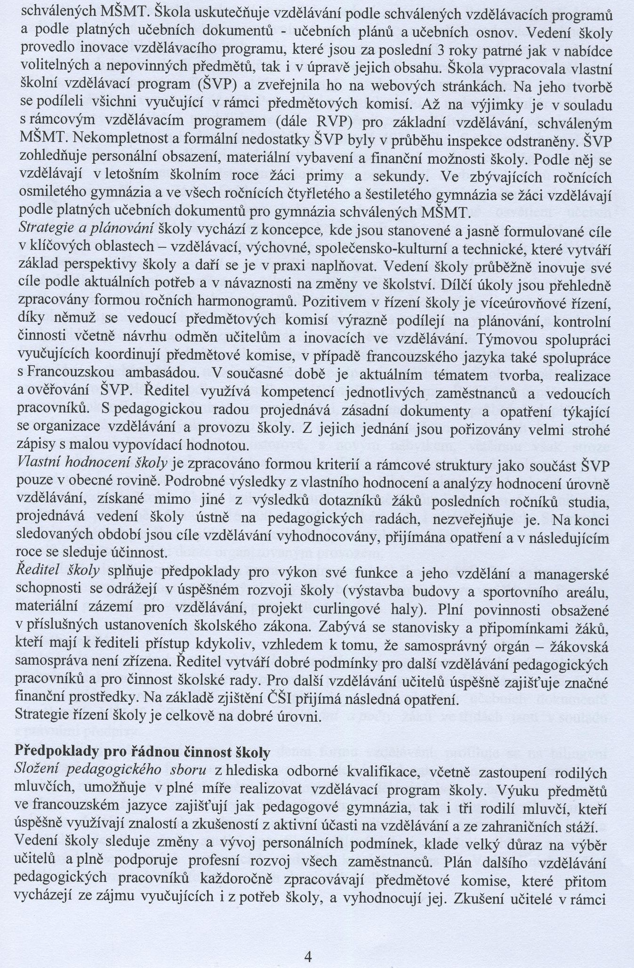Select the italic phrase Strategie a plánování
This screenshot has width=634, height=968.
(86, 229)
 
